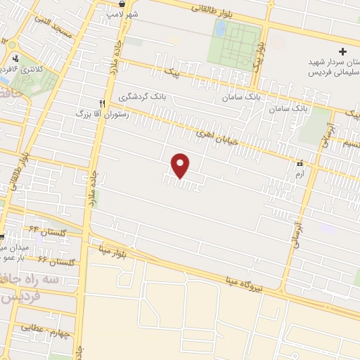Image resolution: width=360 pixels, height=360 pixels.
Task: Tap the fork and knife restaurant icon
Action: tap(103, 103)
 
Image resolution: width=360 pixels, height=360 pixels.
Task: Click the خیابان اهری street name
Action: tap(215, 130)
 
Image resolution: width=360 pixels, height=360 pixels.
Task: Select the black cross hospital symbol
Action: tap(342, 51)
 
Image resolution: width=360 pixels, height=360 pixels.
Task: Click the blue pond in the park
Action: tap(221, 29)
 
